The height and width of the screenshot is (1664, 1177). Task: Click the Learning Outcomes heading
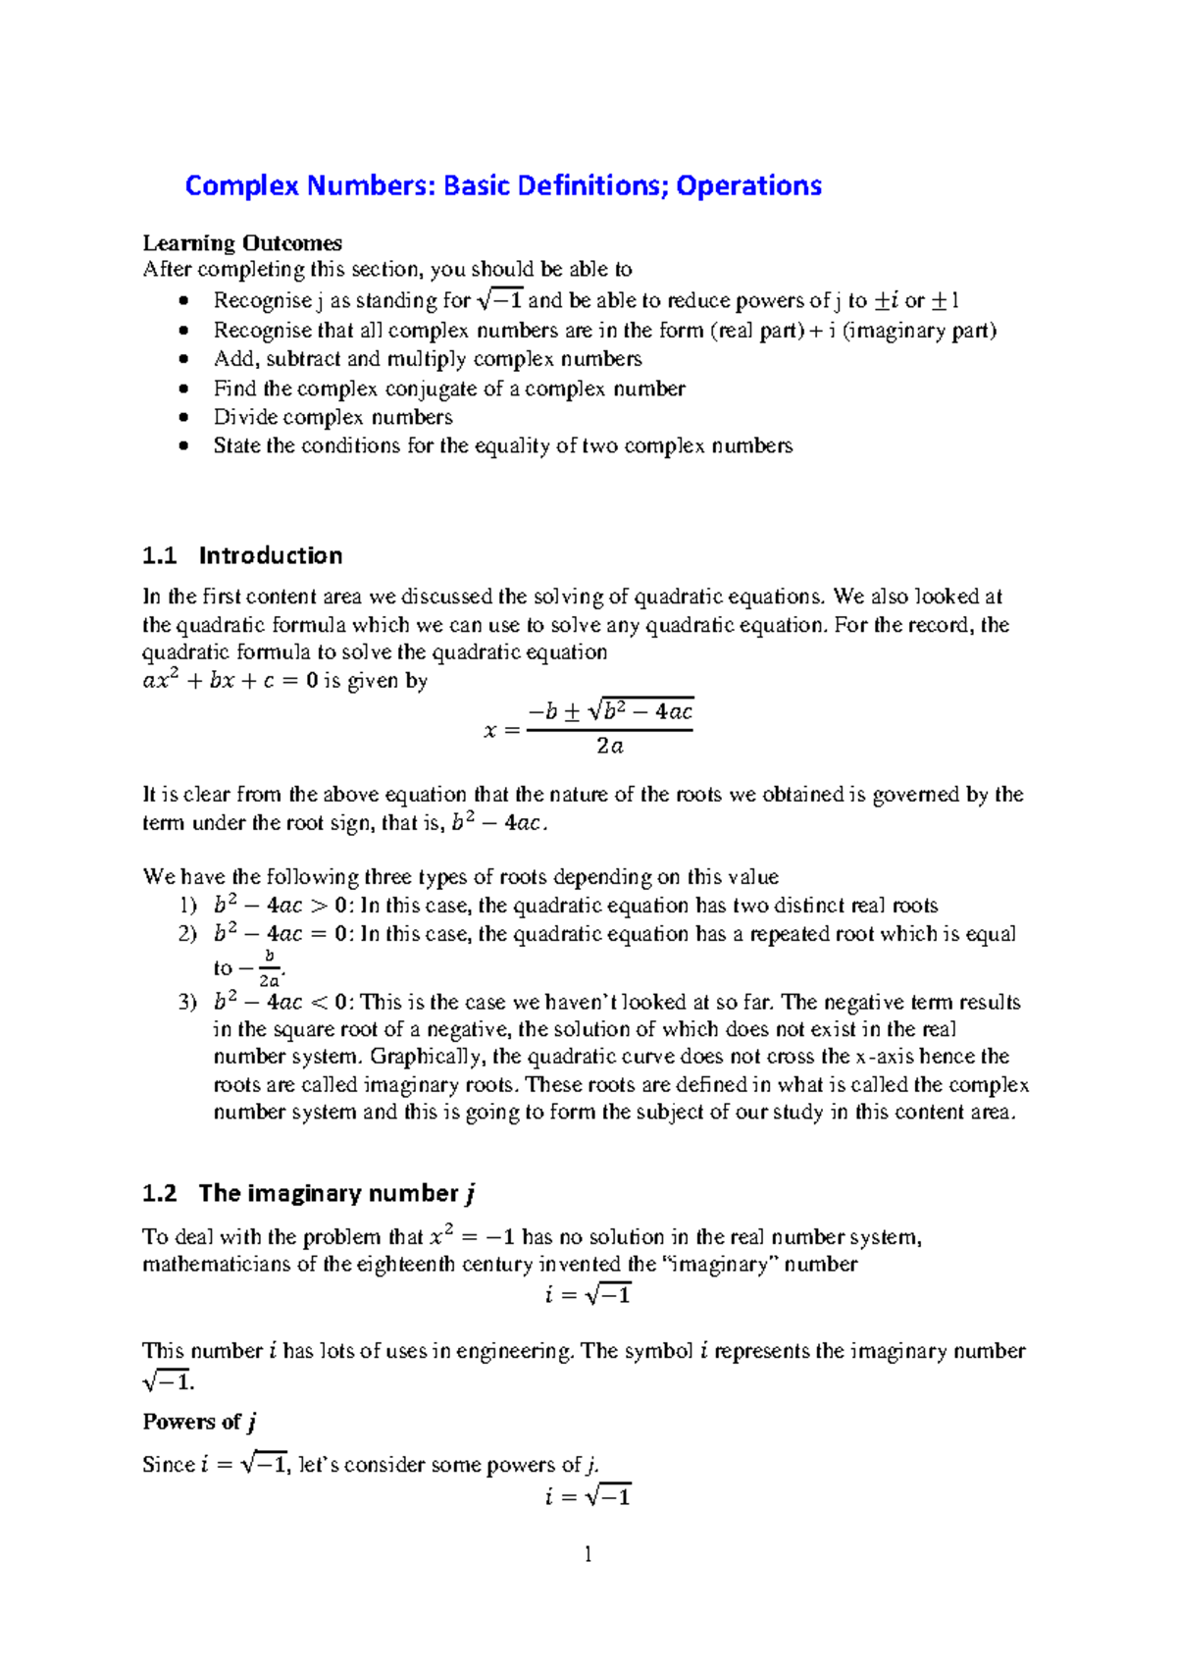point(242,243)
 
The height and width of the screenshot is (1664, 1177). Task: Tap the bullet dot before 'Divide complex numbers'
point(183,417)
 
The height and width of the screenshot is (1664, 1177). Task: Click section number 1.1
point(159,555)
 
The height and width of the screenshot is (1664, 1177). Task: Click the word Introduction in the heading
point(271,555)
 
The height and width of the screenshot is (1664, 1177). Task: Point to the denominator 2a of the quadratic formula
point(609,747)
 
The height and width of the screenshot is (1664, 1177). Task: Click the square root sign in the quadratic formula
point(594,712)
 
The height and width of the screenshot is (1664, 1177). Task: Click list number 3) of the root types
point(187,1002)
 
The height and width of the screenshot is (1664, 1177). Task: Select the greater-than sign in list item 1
point(319,906)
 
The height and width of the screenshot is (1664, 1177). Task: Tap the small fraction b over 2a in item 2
point(269,968)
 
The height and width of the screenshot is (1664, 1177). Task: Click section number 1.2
point(159,1193)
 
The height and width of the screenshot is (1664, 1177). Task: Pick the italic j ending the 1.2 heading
point(471,1194)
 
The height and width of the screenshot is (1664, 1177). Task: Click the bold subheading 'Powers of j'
point(200,1422)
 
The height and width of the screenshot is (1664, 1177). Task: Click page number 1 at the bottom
point(588,1553)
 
